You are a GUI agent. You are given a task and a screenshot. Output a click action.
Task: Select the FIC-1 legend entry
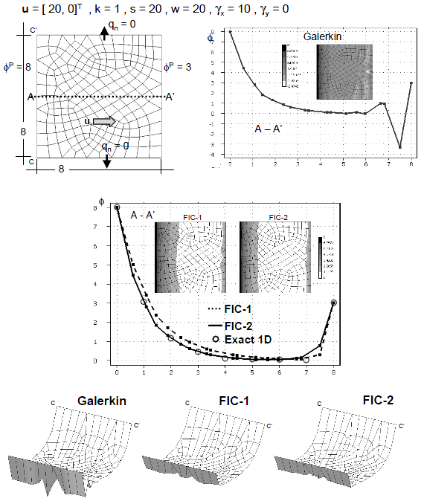click(x=236, y=306)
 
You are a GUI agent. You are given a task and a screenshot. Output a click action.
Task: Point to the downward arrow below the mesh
click(x=107, y=157)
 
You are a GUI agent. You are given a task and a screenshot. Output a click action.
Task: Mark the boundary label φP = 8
click(x=16, y=66)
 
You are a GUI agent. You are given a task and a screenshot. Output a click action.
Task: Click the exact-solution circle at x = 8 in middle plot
click(x=334, y=303)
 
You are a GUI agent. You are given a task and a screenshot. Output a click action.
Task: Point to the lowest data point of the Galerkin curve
click(x=399, y=148)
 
